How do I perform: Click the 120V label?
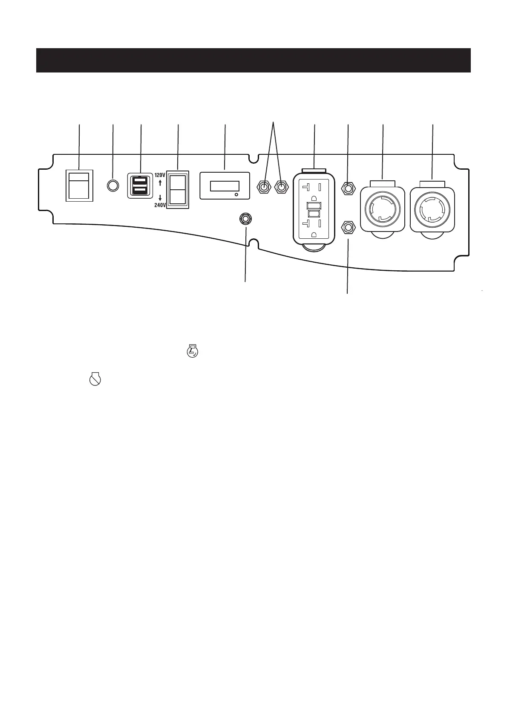pyautogui.click(x=159, y=175)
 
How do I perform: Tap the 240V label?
pyautogui.click(x=159, y=204)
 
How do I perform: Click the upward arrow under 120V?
pyautogui.click(x=160, y=183)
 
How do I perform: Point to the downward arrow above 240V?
pyautogui.click(x=160, y=197)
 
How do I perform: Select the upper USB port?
pyautogui.click(x=140, y=181)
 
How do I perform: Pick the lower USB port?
pyautogui.click(x=140, y=190)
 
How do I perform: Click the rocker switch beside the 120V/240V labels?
pyautogui.click(x=178, y=190)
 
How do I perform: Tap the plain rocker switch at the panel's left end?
pyautogui.click(x=79, y=186)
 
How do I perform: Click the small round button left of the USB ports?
pyautogui.click(x=112, y=186)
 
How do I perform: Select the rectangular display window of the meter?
pyautogui.click(x=225, y=186)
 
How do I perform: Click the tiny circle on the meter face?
pyautogui.click(x=236, y=194)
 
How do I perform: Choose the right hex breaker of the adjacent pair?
pyautogui.click(x=281, y=187)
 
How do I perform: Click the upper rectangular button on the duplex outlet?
pyautogui.click(x=314, y=206)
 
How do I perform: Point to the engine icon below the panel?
pyautogui.click(x=193, y=353)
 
